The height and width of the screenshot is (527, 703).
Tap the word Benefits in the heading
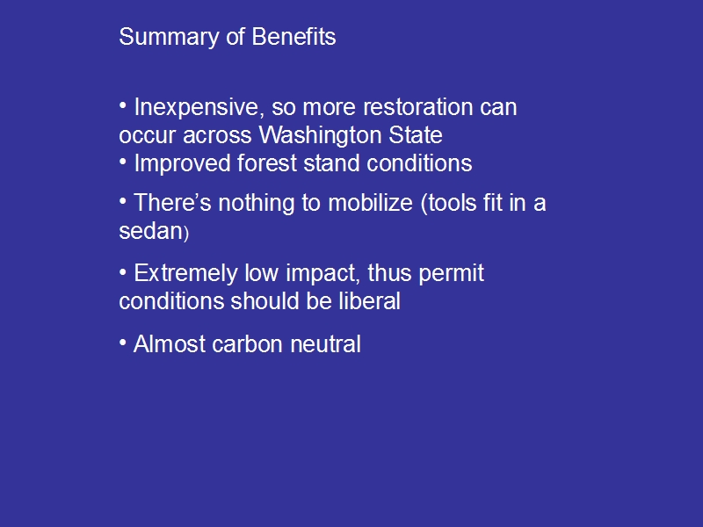pos(294,36)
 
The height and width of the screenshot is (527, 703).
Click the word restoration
pos(417,107)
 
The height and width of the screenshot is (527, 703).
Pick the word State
pos(415,135)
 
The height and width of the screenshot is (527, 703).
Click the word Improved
pos(182,164)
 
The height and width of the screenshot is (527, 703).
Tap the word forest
pos(267,163)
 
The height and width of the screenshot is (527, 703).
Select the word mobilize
pos(370,203)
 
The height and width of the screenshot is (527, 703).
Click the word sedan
pos(150,231)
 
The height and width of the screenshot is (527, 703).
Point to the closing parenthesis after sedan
pos(186,234)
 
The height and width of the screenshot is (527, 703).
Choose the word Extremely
pos(185,274)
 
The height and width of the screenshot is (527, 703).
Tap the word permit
pos(451,274)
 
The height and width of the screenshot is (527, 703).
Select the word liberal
pos(369,300)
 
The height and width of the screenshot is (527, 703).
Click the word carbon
pos(247,344)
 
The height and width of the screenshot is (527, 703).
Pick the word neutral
pos(325,344)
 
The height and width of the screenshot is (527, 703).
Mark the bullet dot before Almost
pos(123,343)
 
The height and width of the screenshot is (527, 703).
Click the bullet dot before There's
pos(123,201)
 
